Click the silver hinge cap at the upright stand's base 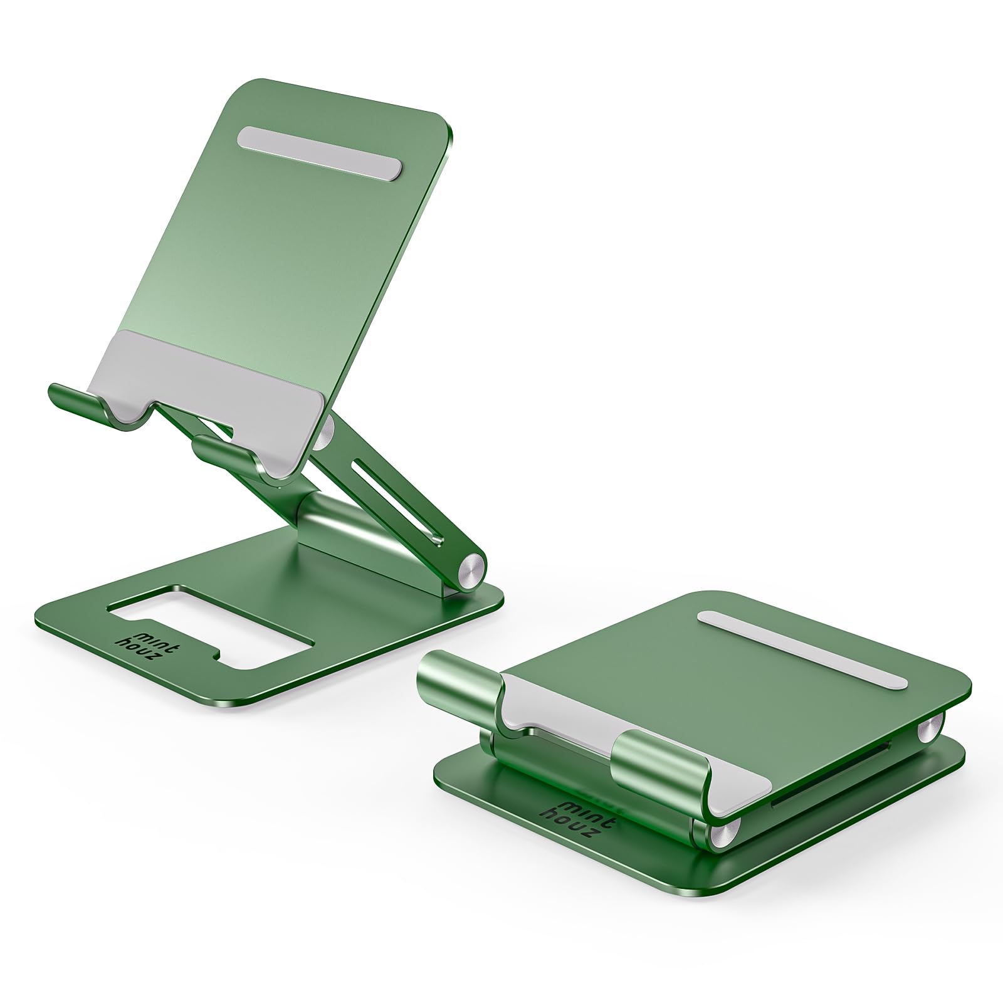(473, 570)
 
